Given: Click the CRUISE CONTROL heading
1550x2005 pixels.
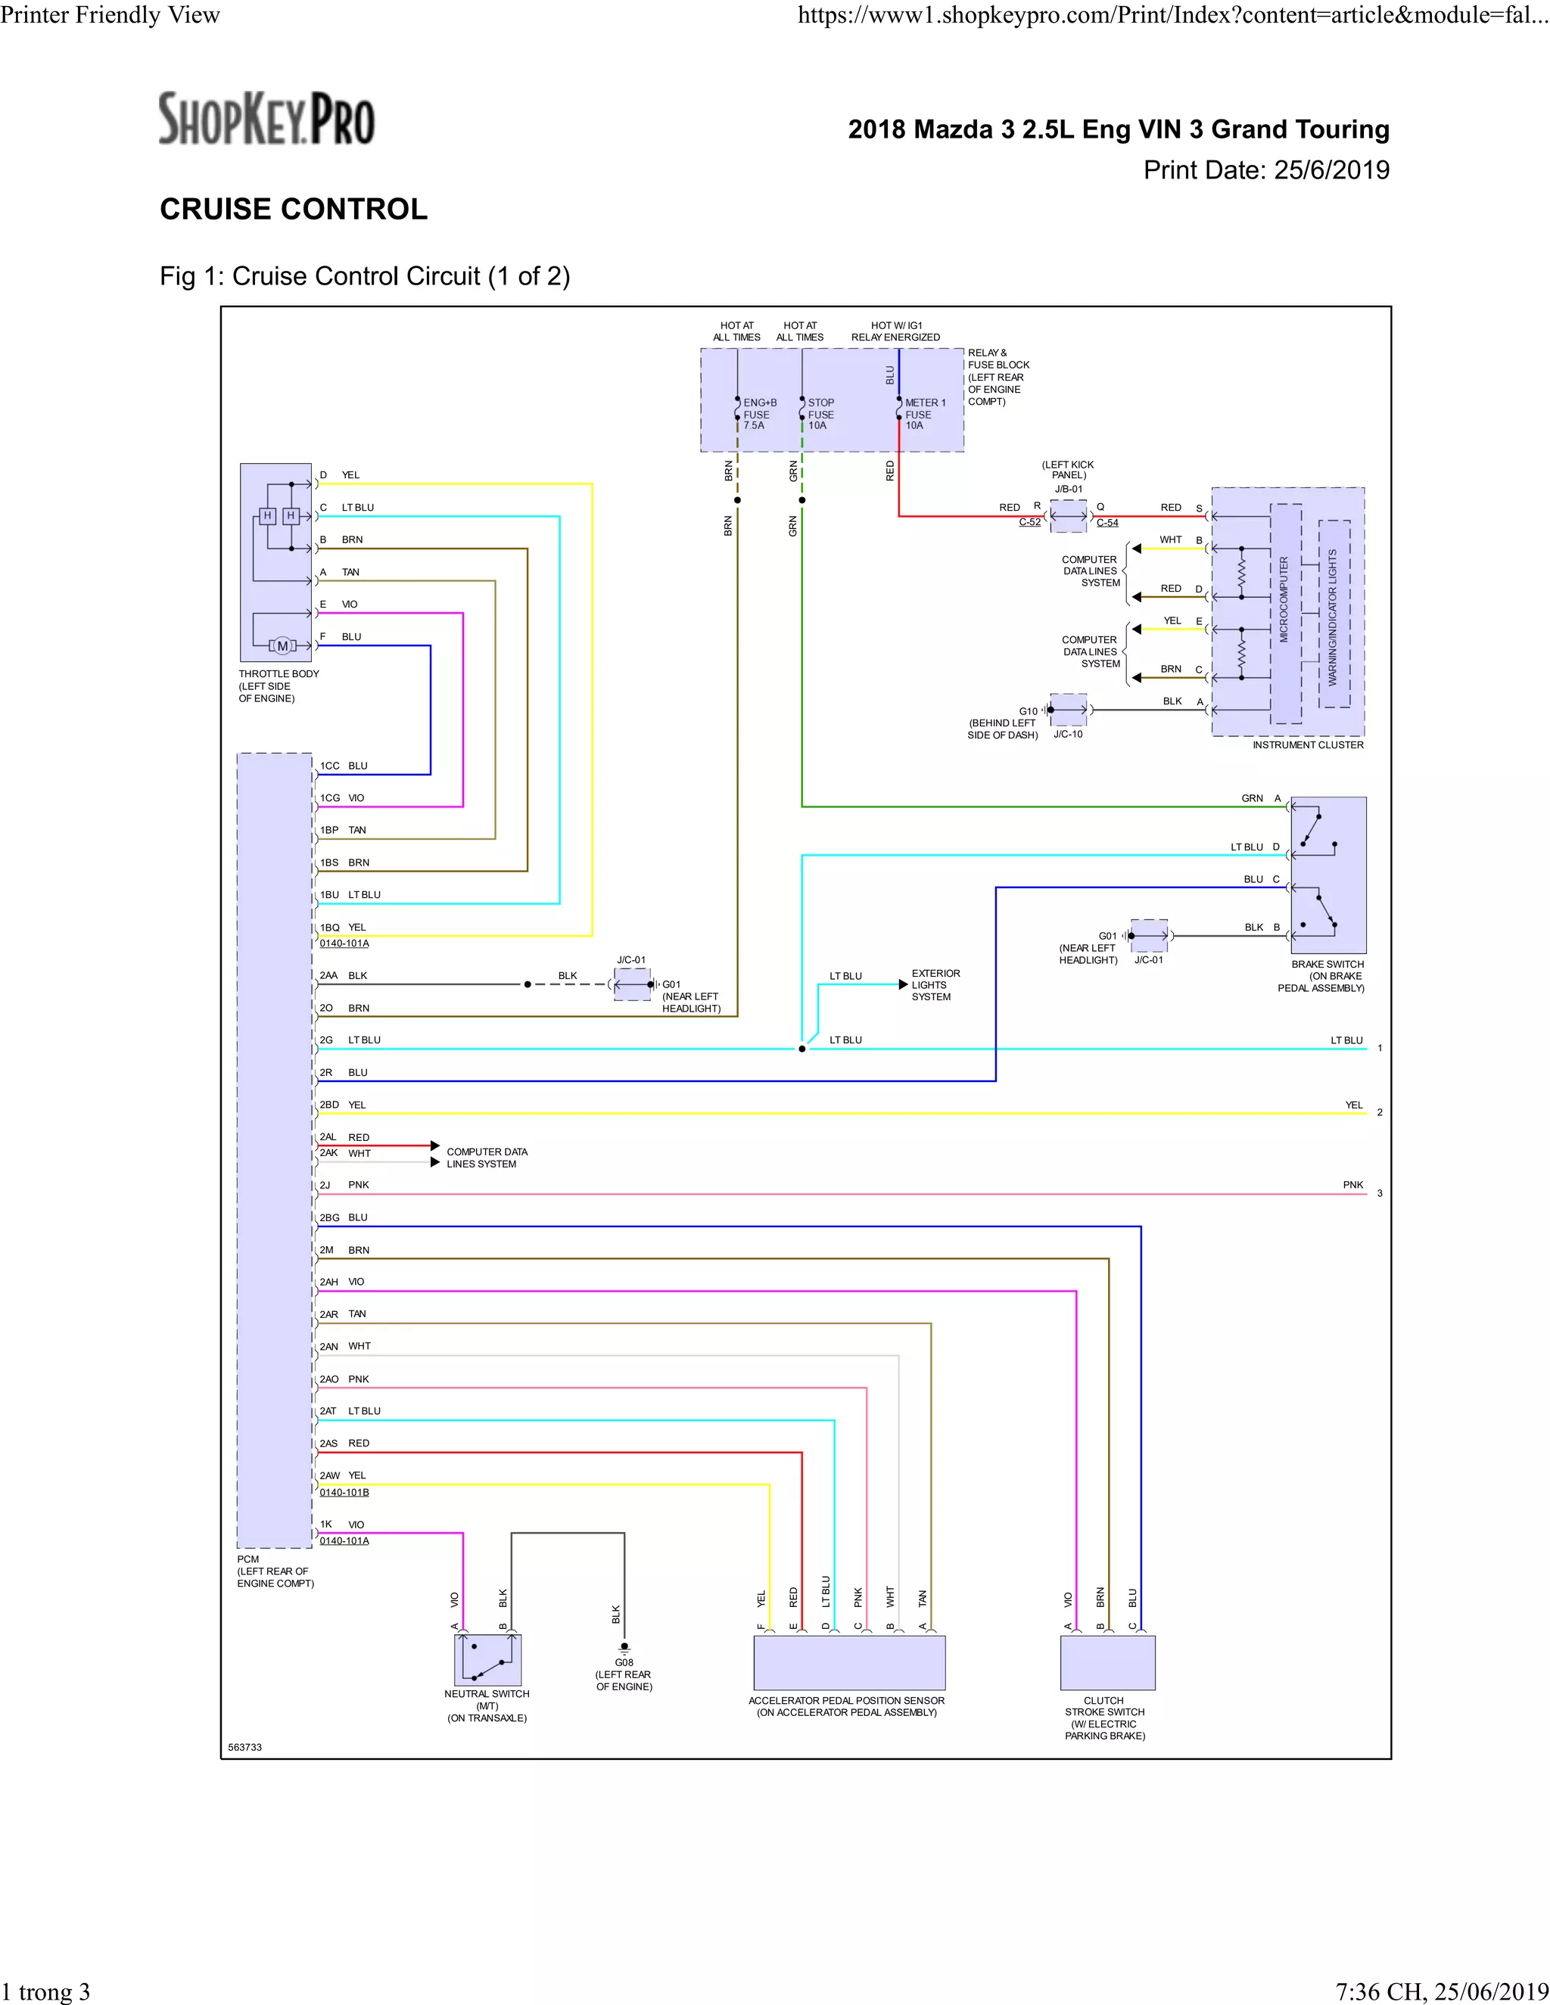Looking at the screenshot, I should pyautogui.click(x=294, y=210).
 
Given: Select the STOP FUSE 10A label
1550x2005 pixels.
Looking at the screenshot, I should pyautogui.click(x=820, y=414).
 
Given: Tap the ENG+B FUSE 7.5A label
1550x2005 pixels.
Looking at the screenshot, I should pyautogui.click(x=758, y=414).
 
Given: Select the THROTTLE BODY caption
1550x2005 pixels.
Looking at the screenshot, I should pyautogui.click(x=279, y=685).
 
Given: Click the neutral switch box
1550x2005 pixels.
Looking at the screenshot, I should pyautogui.click(x=487, y=1660).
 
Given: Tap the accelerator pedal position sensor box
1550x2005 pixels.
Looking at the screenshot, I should pyautogui.click(x=848, y=1662).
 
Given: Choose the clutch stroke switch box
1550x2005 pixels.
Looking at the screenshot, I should pyautogui.click(x=1107, y=1662).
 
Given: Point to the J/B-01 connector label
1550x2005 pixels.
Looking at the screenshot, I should pyautogui.click(x=1068, y=490).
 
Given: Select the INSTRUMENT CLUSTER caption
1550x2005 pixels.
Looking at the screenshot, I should pyautogui.click(x=1308, y=745).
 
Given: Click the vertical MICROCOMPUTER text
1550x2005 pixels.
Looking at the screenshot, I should pyautogui.click(x=1284, y=599).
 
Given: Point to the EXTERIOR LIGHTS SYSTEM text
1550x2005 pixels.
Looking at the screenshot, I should pyautogui.click(x=935, y=985).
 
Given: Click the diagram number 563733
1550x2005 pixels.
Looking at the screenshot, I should pyautogui.click(x=245, y=1747).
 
